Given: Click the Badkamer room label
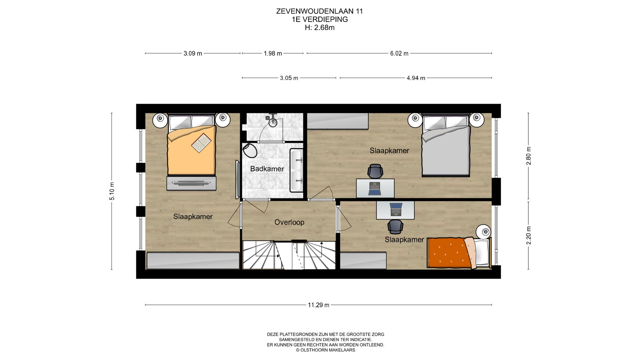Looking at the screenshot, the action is [x=267, y=169].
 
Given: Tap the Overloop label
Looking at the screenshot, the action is [x=289, y=222].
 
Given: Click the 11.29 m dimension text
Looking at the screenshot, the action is [x=318, y=305].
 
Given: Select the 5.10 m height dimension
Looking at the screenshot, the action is [x=112, y=191].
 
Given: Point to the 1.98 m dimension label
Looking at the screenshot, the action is [x=273, y=53].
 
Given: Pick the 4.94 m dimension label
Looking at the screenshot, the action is [x=416, y=78].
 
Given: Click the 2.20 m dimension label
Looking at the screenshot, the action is [x=528, y=235].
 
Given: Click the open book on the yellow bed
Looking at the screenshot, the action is [x=201, y=143].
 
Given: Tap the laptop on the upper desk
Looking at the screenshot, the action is [x=374, y=189].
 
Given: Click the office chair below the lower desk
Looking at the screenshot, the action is [x=395, y=227].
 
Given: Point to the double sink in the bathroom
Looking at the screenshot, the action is [x=296, y=170].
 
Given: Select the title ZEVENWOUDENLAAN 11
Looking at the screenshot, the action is [x=319, y=11].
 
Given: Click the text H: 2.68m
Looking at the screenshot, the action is [x=319, y=28].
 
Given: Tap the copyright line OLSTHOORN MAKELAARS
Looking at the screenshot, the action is [x=325, y=350].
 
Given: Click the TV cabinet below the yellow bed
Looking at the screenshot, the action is [x=191, y=183].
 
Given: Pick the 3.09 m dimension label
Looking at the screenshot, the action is [x=193, y=53].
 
